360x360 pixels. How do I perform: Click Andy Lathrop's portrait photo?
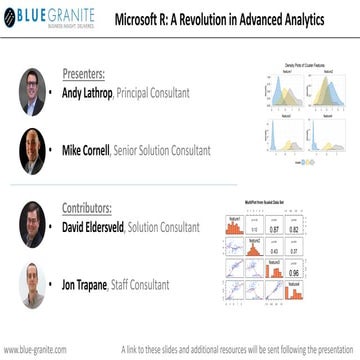[34, 91]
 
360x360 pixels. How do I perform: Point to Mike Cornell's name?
[94, 152]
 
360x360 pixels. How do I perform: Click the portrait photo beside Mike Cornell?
[34, 151]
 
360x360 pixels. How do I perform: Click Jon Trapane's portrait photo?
[34, 287]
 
